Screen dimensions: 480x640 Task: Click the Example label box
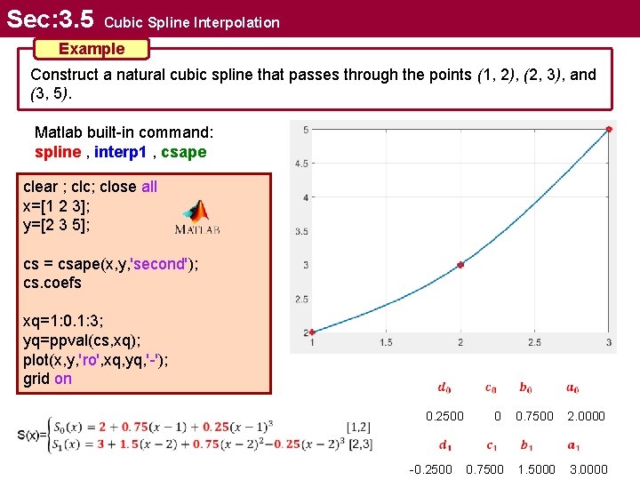pyautogui.click(x=91, y=48)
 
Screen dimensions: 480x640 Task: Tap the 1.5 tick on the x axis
pyautogui.click(x=386, y=342)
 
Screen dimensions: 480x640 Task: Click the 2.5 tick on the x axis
pyautogui.click(x=534, y=342)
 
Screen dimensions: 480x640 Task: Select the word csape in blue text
pyautogui.click(x=184, y=152)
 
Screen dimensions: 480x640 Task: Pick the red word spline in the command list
pyautogui.click(x=57, y=152)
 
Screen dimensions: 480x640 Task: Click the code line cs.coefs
pyautogui.click(x=52, y=283)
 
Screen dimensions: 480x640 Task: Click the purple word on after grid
pyautogui.click(x=63, y=379)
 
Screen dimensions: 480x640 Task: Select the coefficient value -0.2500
pyautogui.click(x=430, y=469)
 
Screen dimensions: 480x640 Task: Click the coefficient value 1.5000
pyautogui.click(x=536, y=469)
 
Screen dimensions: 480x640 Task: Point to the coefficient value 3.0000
pyautogui.click(x=588, y=469)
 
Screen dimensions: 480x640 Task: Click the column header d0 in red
pyautogui.click(x=444, y=388)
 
